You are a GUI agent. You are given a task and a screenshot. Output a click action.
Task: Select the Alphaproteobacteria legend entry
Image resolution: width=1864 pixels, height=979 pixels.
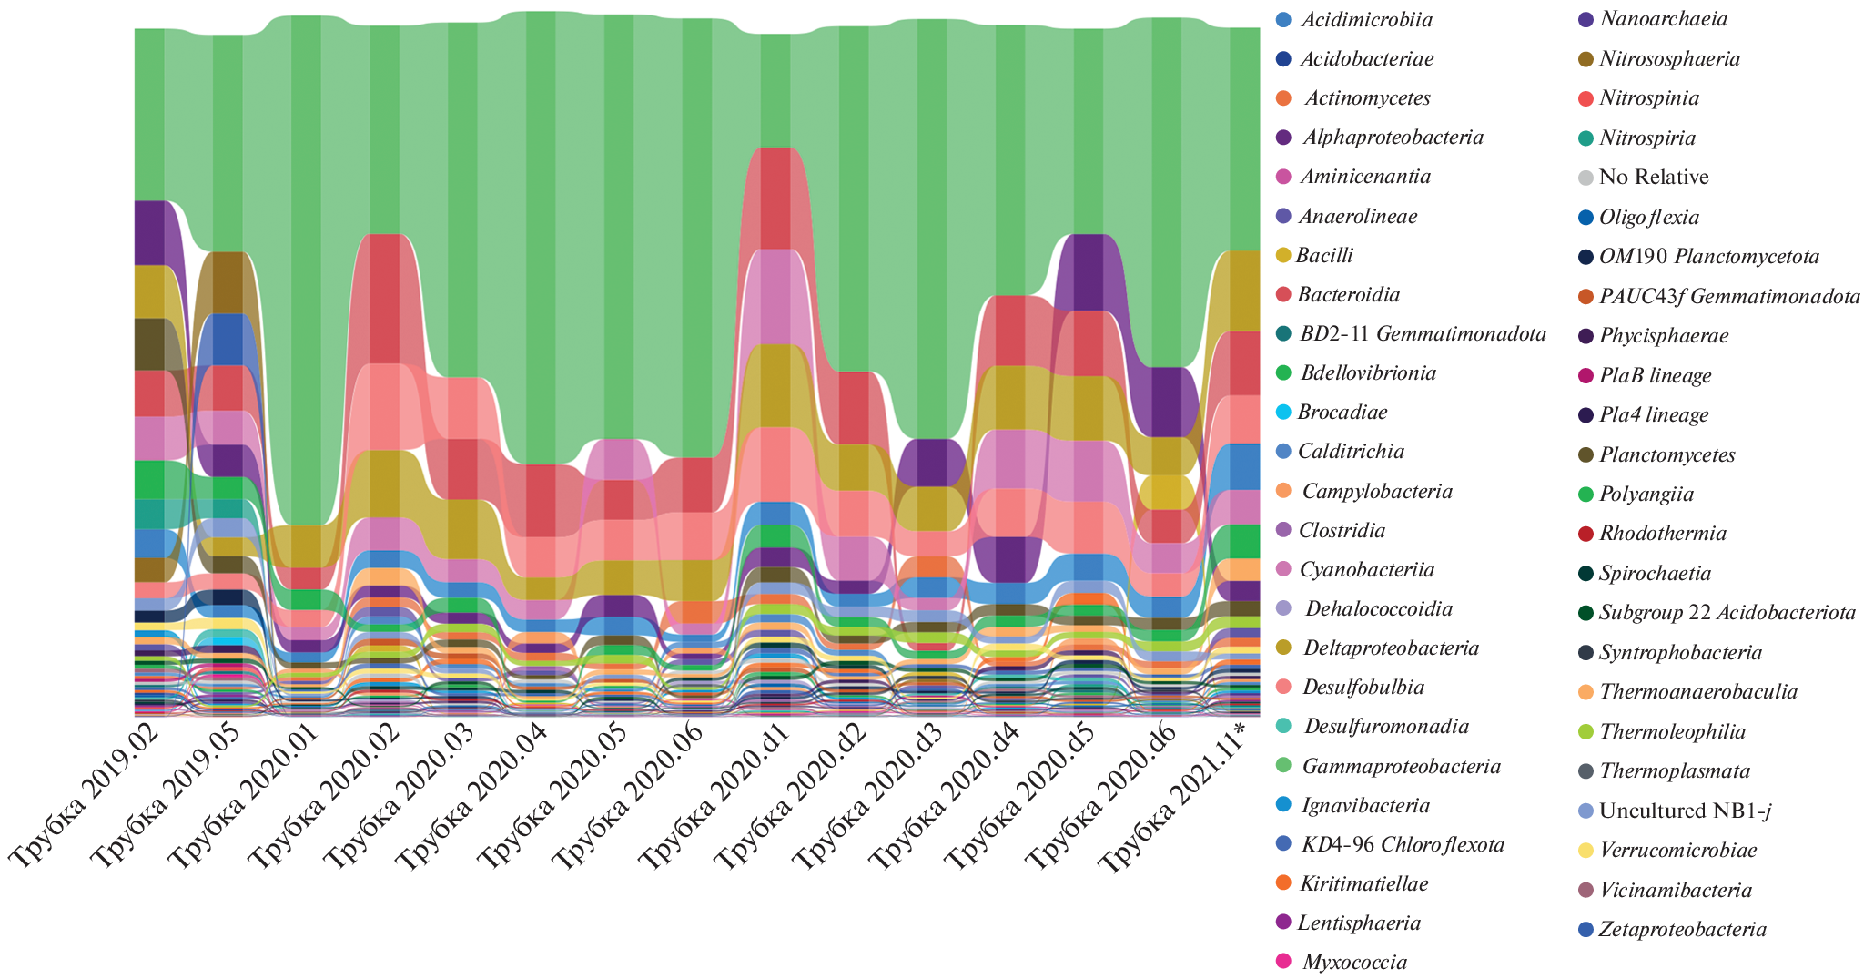[x=1393, y=138]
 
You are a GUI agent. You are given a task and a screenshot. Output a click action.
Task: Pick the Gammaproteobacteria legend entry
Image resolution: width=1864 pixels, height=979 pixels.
[x=1401, y=767]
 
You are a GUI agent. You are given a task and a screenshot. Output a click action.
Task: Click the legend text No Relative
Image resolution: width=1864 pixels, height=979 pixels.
[x=1654, y=178]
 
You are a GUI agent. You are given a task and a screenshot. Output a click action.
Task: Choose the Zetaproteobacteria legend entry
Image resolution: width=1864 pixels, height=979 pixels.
[x=1683, y=930]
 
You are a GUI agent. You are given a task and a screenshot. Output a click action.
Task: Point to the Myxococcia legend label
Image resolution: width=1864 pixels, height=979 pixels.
[x=1354, y=963]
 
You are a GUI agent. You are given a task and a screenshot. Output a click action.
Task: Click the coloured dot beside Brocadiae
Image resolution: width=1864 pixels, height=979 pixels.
[x=1283, y=413]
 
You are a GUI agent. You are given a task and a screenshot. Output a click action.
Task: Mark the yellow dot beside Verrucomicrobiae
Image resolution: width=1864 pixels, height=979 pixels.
[x=1585, y=851]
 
